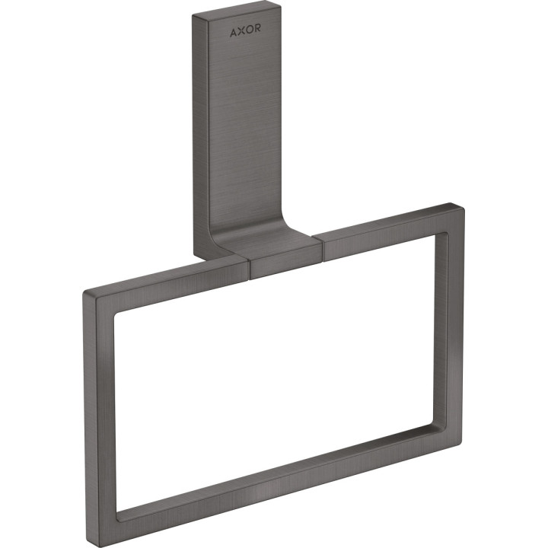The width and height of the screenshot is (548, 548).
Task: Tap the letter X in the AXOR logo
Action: (242, 33)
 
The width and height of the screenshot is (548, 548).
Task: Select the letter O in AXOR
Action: (251, 33)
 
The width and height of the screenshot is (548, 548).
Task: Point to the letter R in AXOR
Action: (261, 33)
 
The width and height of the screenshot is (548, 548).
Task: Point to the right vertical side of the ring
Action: (455, 320)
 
